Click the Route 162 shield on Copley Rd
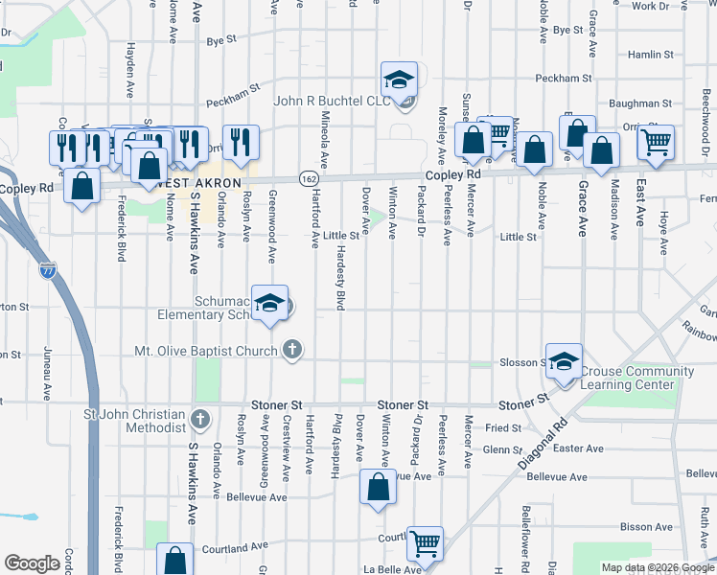point(309,178)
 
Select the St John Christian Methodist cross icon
point(199,418)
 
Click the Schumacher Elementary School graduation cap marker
point(271,304)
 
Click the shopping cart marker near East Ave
point(657,143)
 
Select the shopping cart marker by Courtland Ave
point(425,543)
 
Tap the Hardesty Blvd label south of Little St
point(339,276)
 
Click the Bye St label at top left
point(221,41)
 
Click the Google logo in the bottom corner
point(32,563)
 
